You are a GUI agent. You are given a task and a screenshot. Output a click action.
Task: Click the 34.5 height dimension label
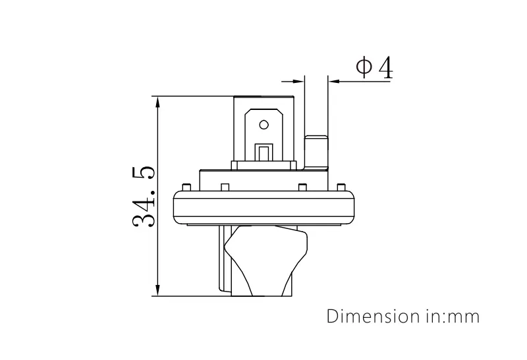tap(144, 196)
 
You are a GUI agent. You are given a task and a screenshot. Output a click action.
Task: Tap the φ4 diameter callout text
tap(374, 67)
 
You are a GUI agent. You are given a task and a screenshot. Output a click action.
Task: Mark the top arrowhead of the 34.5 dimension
tap(157, 103)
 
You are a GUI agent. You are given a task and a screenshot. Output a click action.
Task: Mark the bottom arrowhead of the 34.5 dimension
tap(157, 290)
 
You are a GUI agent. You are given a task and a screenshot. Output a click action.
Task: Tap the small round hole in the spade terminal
tap(263, 124)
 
